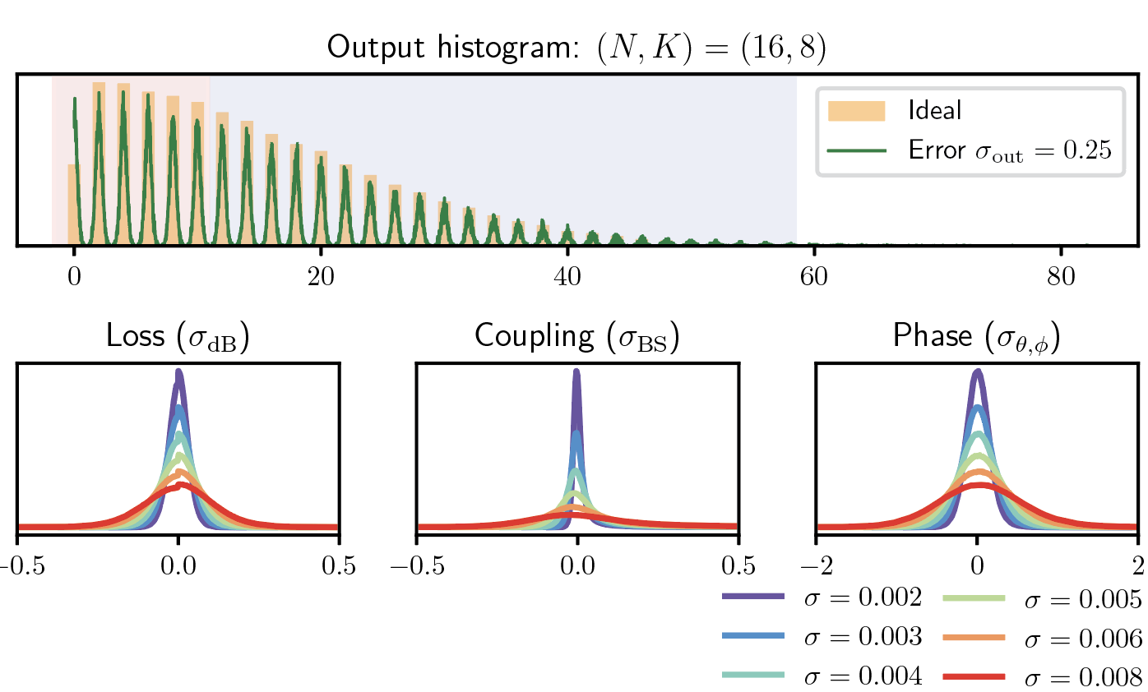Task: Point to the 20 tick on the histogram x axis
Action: coord(321,277)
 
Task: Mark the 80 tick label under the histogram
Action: coord(1061,277)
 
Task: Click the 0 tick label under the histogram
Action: coord(74,277)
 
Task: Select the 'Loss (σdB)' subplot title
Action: coord(178,339)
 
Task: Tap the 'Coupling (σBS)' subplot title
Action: coord(577,339)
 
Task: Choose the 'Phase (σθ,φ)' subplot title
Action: coord(976,339)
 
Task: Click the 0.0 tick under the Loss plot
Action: coord(178,565)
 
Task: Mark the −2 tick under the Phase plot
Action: coord(815,565)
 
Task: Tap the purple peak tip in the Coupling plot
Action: coord(576,372)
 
